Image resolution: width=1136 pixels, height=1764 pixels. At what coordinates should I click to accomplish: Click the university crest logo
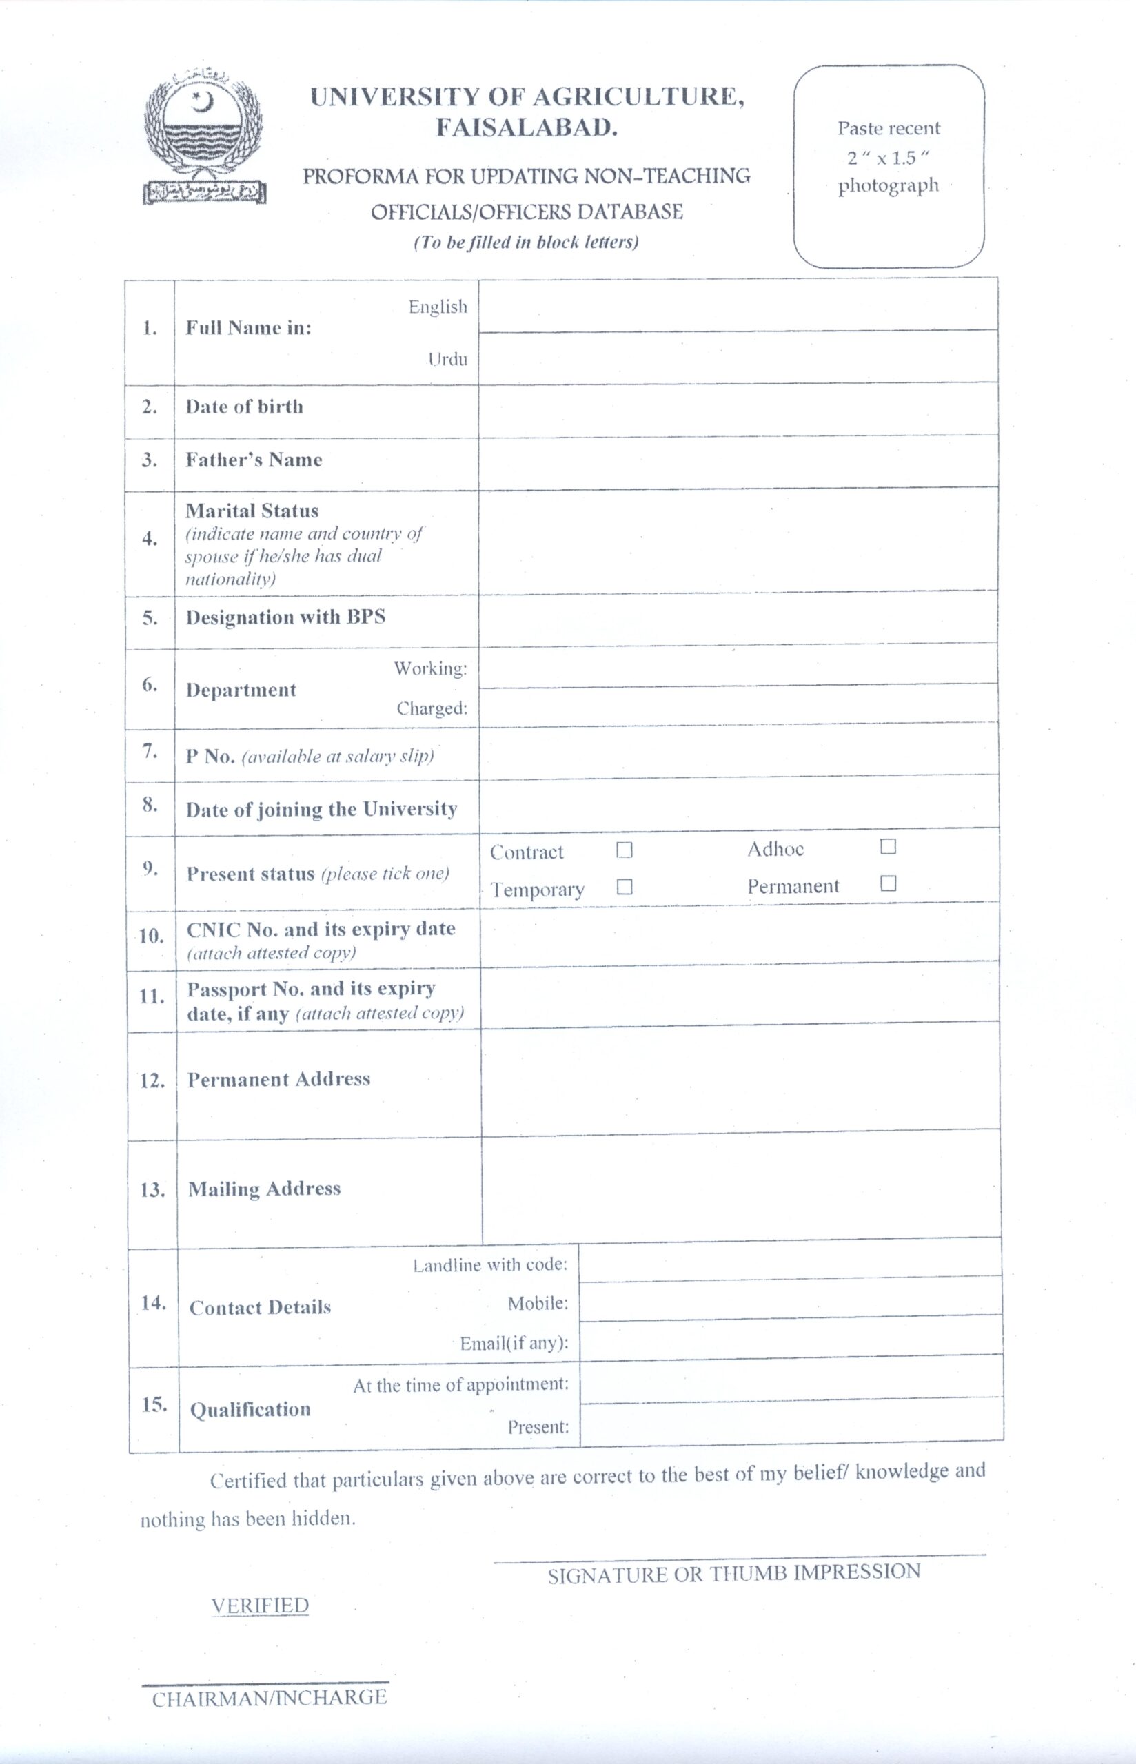tap(203, 137)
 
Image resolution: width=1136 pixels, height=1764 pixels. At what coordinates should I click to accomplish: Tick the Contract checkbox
tap(624, 850)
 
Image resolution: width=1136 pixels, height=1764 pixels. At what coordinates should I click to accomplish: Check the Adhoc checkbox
tap(888, 846)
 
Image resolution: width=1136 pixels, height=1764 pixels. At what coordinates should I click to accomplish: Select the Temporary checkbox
tap(624, 887)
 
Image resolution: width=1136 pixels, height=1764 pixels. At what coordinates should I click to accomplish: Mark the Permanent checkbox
tap(888, 883)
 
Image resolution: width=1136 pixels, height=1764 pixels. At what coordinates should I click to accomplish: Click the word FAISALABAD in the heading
tap(526, 128)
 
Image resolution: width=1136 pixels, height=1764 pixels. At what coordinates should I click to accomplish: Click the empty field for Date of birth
tap(738, 409)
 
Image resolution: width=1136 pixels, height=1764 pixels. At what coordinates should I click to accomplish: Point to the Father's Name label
tap(254, 460)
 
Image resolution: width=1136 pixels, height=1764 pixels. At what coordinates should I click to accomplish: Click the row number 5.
tap(150, 617)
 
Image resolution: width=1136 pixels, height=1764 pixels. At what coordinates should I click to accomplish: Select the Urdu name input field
tap(738, 358)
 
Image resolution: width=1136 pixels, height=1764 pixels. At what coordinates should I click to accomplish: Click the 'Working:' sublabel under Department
tap(430, 668)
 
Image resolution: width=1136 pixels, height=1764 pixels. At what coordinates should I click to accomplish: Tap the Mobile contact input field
tap(790, 1299)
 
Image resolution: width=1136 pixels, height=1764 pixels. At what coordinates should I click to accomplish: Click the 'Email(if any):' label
tap(514, 1343)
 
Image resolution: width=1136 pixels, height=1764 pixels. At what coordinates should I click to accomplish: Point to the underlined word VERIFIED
tap(260, 1606)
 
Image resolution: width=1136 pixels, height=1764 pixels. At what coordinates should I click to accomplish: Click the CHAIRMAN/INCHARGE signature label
tap(270, 1699)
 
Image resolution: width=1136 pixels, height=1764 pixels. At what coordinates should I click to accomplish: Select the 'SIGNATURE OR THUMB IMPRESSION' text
tap(733, 1574)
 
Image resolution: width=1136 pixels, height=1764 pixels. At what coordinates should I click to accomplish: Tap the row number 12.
tap(152, 1080)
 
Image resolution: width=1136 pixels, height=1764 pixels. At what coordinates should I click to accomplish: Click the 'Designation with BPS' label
tap(285, 617)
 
